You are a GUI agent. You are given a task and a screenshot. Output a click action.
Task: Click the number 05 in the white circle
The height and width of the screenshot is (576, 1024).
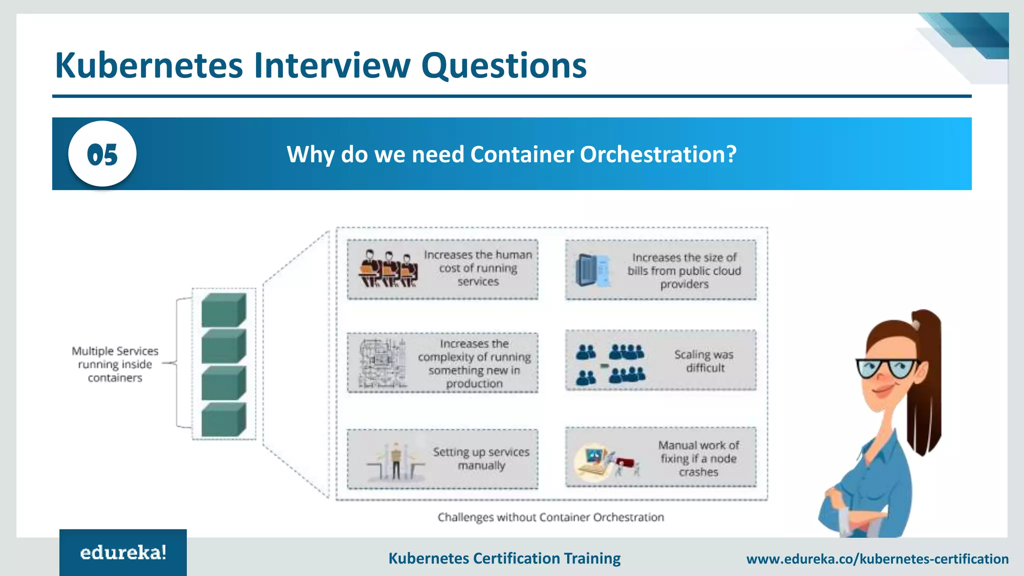tap(102, 154)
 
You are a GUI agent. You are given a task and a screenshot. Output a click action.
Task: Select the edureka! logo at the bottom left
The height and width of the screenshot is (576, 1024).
tap(123, 552)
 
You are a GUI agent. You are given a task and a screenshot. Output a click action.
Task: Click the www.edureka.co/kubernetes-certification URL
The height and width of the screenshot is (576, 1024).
tap(877, 558)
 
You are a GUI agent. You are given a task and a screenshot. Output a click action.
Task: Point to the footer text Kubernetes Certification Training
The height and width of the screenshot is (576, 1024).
tap(504, 558)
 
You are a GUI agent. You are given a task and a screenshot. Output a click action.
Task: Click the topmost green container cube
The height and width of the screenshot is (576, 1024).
tap(223, 310)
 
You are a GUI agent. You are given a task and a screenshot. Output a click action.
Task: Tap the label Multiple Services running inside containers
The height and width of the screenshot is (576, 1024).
tap(115, 364)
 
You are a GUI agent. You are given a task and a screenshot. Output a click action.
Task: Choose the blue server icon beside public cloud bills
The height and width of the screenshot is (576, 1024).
tap(592, 270)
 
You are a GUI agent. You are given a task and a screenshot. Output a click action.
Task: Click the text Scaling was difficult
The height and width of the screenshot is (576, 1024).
tap(704, 361)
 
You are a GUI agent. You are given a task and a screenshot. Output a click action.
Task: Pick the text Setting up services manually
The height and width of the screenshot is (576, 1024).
tap(481, 458)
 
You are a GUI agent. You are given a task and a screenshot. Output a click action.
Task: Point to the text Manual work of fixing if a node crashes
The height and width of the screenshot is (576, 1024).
tap(698, 458)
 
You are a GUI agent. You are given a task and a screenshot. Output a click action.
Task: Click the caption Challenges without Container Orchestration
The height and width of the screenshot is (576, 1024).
tap(550, 517)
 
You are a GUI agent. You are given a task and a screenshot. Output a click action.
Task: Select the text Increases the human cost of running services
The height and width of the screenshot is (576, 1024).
tap(478, 268)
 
